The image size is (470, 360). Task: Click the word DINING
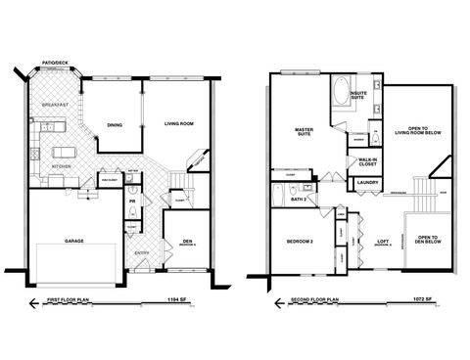pos(115,124)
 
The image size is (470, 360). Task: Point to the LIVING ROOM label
pos(178,124)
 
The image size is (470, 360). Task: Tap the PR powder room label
pos(131,202)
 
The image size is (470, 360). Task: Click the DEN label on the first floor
pos(186,241)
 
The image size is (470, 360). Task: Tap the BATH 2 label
pos(298,200)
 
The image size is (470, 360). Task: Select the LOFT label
pos(383,241)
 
